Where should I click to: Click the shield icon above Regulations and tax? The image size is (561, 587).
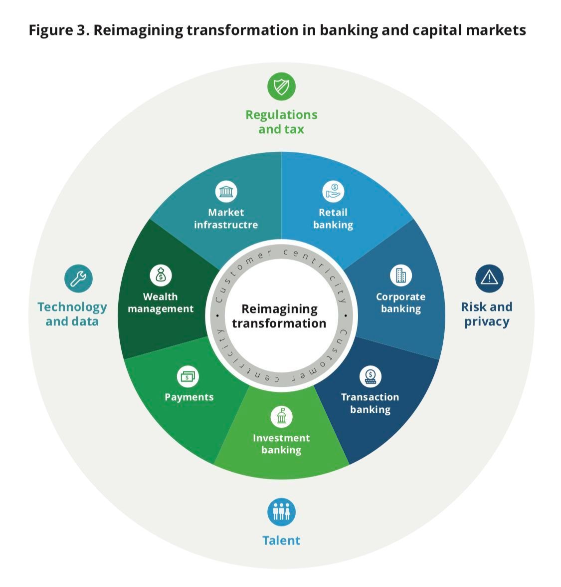281,87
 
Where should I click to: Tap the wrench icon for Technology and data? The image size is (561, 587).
79,279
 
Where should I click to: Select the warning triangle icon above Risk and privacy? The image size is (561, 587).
489,279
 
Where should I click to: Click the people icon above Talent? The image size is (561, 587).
281,512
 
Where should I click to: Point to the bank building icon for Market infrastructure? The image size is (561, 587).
226,192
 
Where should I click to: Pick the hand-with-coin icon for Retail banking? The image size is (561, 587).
333,192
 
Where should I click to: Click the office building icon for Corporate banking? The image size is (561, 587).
401,275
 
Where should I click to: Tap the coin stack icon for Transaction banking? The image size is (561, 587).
370,376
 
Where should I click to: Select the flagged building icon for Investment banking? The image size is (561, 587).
281,416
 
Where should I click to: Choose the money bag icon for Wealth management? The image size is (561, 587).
161,275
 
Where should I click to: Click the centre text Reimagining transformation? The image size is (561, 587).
279,316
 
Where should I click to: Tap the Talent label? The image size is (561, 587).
281,541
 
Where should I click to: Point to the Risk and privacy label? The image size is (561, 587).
487,314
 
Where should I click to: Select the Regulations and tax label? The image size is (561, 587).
281,122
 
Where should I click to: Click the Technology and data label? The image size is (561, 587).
72,314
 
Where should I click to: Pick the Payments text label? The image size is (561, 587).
189,397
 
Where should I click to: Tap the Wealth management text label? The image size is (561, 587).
161,303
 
